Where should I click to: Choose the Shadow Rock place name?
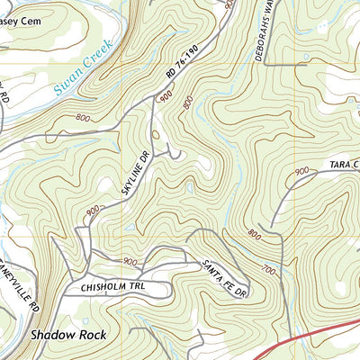click(x=67, y=334)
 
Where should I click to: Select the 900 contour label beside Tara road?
click(x=301, y=170)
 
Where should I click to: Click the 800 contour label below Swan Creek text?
click(x=84, y=116)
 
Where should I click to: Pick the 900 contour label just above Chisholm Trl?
click(x=131, y=262)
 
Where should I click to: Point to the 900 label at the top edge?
click(x=229, y=4)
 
